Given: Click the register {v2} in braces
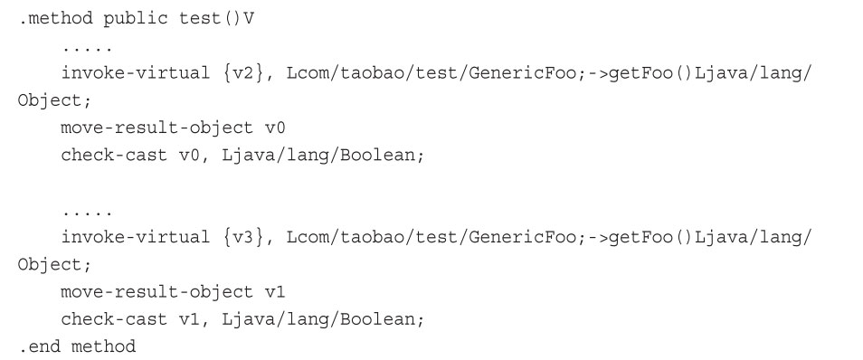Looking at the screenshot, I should tap(242, 72).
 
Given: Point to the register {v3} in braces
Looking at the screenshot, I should tap(242, 238).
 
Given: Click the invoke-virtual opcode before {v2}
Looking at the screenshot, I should tap(135, 72).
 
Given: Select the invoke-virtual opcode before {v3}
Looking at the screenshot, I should tap(135, 238).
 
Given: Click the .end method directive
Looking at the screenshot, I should tap(76, 347).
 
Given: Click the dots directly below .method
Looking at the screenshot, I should tap(87, 46).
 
